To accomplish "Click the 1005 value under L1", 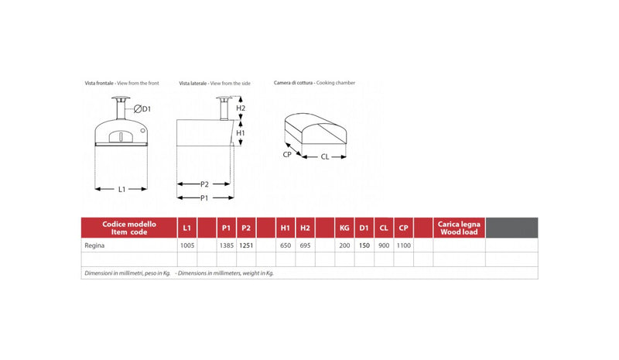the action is pyautogui.click(x=187, y=245).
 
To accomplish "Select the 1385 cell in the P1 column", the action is pyautogui.click(x=227, y=245).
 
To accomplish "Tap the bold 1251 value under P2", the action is pyautogui.click(x=246, y=245).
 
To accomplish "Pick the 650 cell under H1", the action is pyautogui.click(x=286, y=245).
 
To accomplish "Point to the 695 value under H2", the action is pyautogui.click(x=305, y=245).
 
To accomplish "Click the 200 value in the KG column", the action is pyautogui.click(x=344, y=245).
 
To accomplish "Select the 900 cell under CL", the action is pyautogui.click(x=384, y=245).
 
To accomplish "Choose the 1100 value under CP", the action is pyautogui.click(x=403, y=245).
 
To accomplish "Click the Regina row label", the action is pyautogui.click(x=94, y=245).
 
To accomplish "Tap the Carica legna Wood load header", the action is pyautogui.click(x=459, y=228).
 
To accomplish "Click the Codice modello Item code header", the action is pyautogui.click(x=129, y=228).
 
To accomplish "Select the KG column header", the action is pyautogui.click(x=344, y=228).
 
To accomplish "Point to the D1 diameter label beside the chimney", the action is pyautogui.click(x=142, y=108).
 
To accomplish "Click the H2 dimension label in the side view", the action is pyautogui.click(x=241, y=108).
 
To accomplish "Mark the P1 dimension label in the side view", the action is pyautogui.click(x=204, y=197).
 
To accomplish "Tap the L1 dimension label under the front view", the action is pyautogui.click(x=121, y=189).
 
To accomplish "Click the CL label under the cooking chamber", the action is pyautogui.click(x=325, y=157).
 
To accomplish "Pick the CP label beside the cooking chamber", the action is pyautogui.click(x=287, y=155).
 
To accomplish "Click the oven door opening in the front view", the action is pyautogui.click(x=121, y=137).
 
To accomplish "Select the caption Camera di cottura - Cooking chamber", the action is pyautogui.click(x=314, y=83).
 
